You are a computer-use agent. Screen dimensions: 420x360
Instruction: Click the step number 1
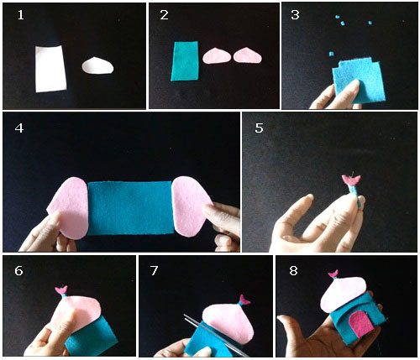pos(20,15)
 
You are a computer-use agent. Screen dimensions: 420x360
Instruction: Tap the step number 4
pos(19,128)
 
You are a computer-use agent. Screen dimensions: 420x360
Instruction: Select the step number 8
pos(293,270)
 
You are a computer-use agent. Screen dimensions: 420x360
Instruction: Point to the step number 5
pos(259,128)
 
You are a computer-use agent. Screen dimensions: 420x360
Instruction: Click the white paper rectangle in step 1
pos(50,69)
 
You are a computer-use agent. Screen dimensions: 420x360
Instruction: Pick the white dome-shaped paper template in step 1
pos(97,66)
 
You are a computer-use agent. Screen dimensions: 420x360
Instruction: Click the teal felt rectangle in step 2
pos(185,61)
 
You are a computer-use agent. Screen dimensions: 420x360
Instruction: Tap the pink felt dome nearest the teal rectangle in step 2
pos(217,55)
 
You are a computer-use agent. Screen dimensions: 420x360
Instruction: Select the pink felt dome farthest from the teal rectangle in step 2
pos(248,55)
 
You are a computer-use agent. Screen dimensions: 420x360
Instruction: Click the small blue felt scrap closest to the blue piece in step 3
pos(332,54)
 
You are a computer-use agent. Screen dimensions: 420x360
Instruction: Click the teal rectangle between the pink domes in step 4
pos(130,208)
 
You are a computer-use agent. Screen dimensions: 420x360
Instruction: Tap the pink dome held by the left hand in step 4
pos(69,208)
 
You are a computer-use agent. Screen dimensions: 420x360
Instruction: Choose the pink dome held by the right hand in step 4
pos(192,206)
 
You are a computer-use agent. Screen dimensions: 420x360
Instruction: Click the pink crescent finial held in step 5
pos(351,180)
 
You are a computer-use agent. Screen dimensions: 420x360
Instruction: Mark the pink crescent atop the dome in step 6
pos(61,290)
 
